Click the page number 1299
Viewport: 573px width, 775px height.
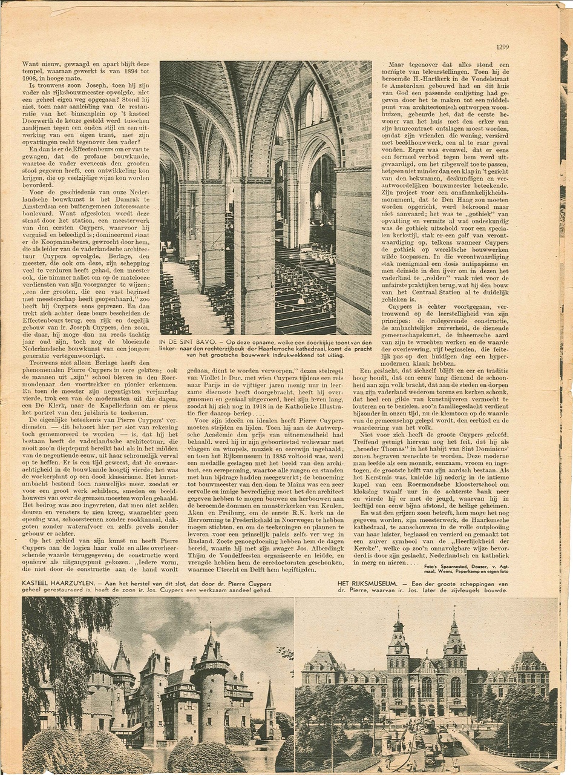[502, 47]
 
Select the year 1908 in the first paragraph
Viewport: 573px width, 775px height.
[31, 79]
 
